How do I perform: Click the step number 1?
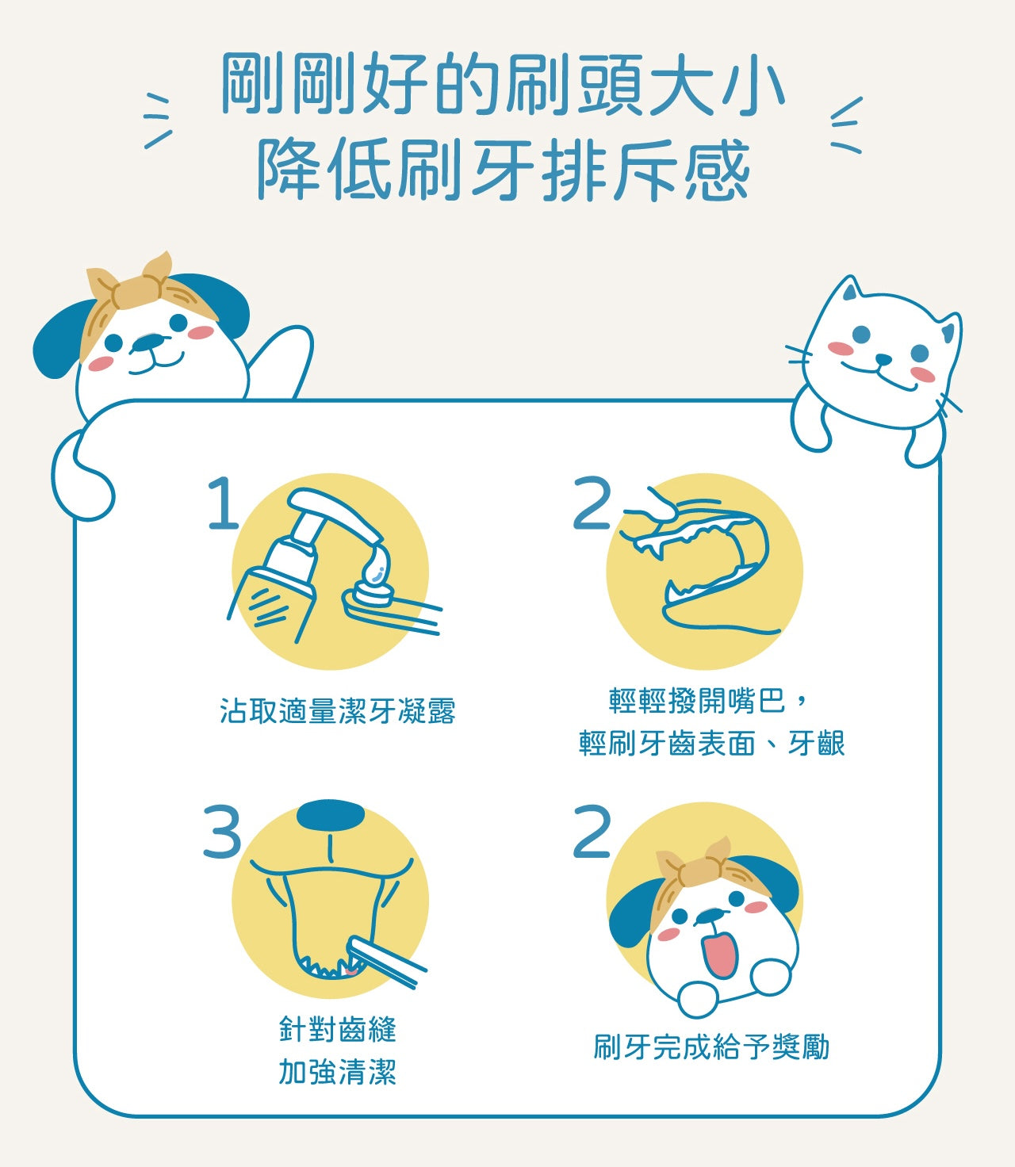pyautogui.click(x=224, y=503)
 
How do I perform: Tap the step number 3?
pyautogui.click(x=222, y=831)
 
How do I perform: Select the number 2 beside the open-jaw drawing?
pyautogui.click(x=592, y=503)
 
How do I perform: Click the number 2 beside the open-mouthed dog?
pyautogui.click(x=592, y=831)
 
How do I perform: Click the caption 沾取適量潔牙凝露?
pyautogui.click(x=338, y=711)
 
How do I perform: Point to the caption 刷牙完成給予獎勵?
pyautogui.click(x=711, y=1046)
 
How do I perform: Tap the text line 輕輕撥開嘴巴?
pyautogui.click(x=697, y=701)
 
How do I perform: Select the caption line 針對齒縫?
pyautogui.click(x=338, y=1030)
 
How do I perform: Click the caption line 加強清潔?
pyautogui.click(x=338, y=1072)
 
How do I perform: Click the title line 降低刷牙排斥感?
pyautogui.click(x=504, y=170)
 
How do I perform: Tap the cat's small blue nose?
pyautogui.click(x=883, y=359)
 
